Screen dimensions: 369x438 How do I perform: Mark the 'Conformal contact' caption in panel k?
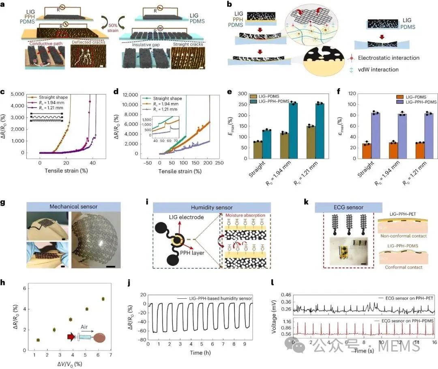point(398,268)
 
